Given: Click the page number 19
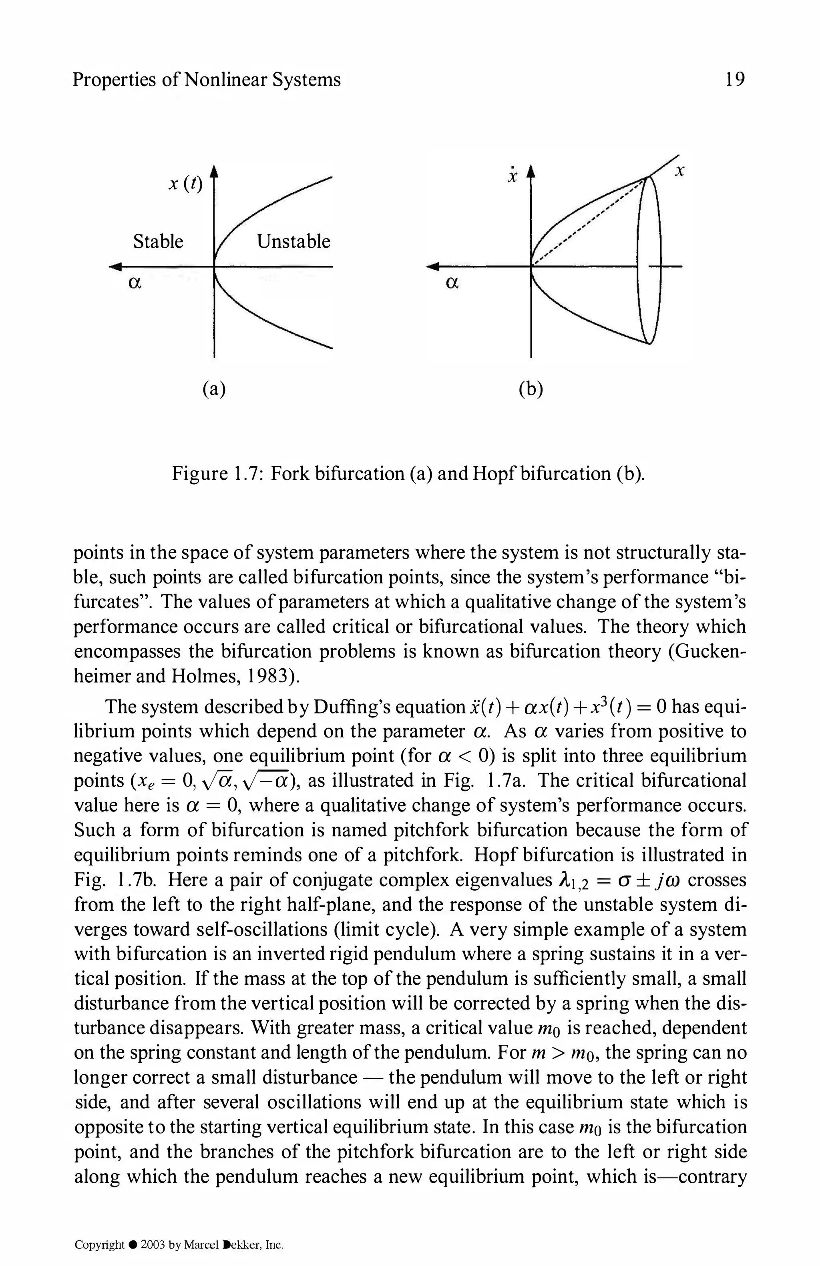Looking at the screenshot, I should [734, 80].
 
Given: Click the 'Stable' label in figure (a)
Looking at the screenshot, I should [158, 242].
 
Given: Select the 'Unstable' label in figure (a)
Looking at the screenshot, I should [293, 242].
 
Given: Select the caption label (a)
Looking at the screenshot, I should [214, 389].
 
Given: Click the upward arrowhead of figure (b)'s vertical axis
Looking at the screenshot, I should [531, 171].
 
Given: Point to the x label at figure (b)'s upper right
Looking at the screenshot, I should [679, 171].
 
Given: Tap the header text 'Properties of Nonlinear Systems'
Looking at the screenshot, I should [207, 80].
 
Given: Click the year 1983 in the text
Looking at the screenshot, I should [268, 676].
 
